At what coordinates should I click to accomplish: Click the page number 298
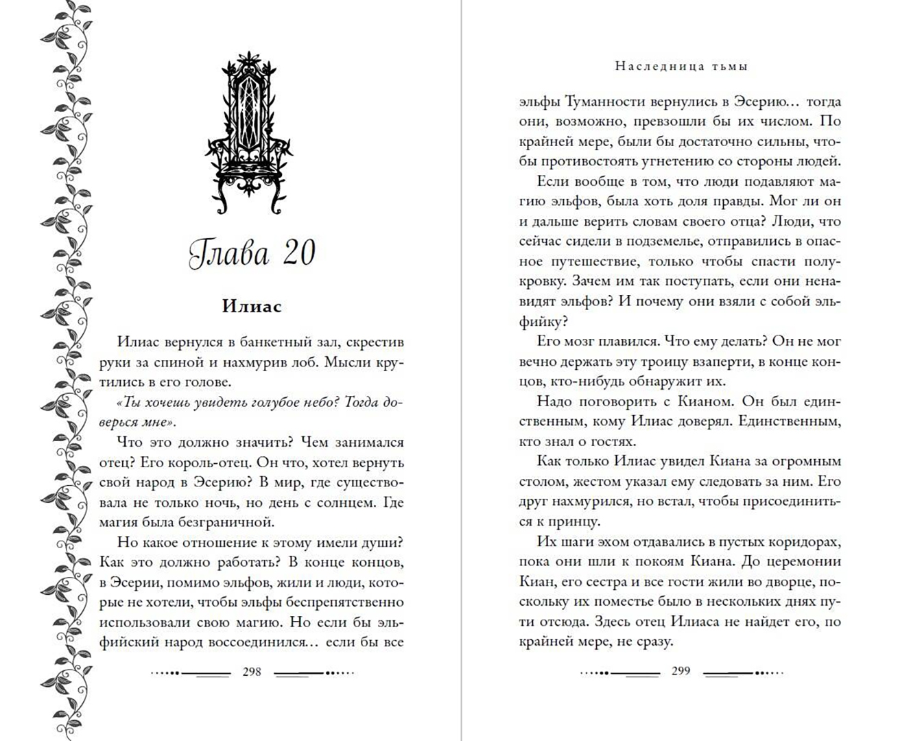pos(252,672)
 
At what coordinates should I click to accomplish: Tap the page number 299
pos(681,671)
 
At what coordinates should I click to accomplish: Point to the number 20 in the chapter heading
pos(298,254)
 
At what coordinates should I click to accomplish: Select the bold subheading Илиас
pos(252,306)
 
